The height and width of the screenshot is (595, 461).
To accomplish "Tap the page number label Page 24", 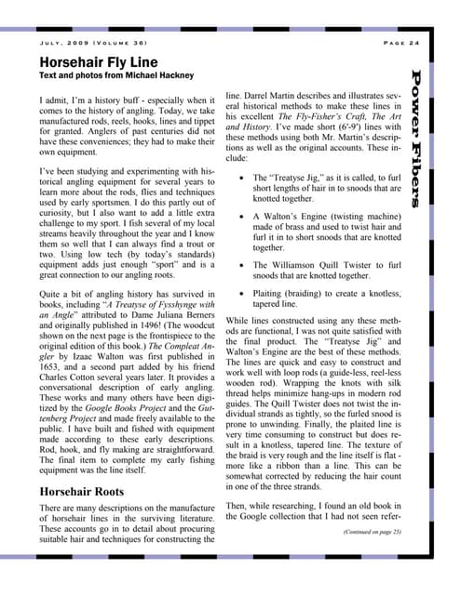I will coord(401,44).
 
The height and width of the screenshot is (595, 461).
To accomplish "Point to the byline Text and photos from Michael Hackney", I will coord(106,74).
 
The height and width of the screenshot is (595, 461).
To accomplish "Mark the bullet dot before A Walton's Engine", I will coord(242,214).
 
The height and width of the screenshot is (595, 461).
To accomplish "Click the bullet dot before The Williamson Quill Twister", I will coord(242,264).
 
